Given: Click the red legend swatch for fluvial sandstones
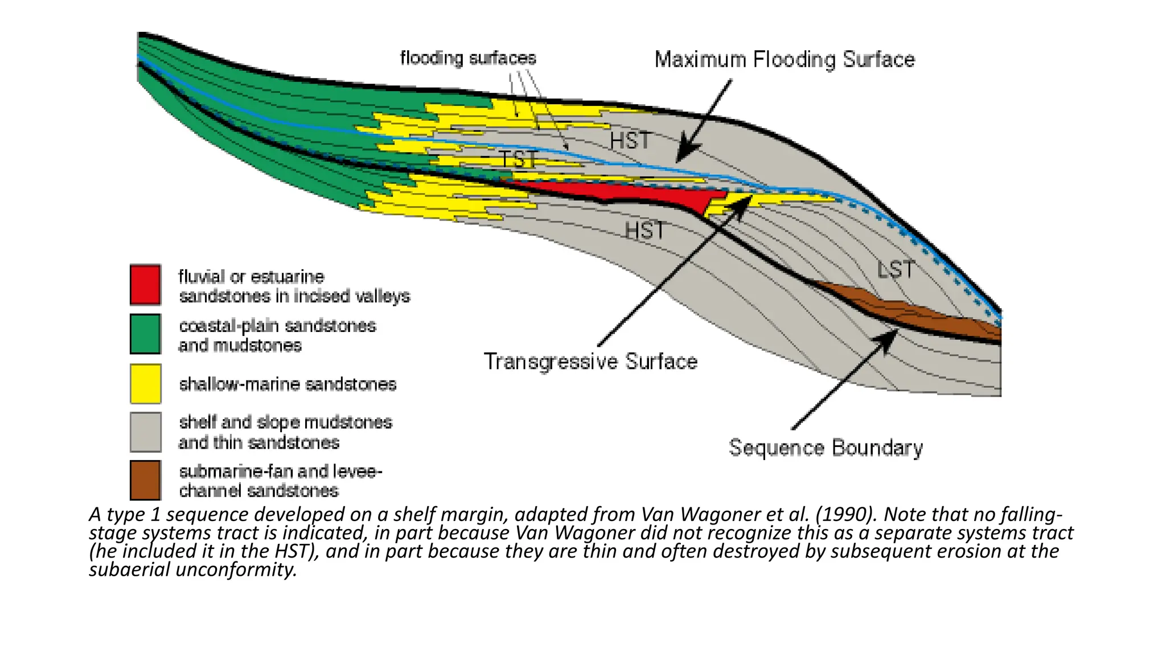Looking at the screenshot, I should (x=145, y=285).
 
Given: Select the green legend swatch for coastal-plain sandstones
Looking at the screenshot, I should (x=145, y=334).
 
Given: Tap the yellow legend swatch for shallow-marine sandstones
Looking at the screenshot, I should (x=145, y=384).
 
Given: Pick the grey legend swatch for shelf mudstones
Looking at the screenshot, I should (x=145, y=432).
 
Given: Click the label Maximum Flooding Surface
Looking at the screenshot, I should (x=785, y=60).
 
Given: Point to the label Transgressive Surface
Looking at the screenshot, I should (x=590, y=362).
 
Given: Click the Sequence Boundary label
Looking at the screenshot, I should (x=826, y=448).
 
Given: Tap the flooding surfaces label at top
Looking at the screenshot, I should (x=468, y=58).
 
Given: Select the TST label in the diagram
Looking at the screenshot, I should (x=518, y=159).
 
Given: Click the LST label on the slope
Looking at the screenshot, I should (x=895, y=269).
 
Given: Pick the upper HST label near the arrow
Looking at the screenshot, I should (x=630, y=141).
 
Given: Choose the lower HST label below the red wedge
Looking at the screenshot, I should (x=645, y=231).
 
